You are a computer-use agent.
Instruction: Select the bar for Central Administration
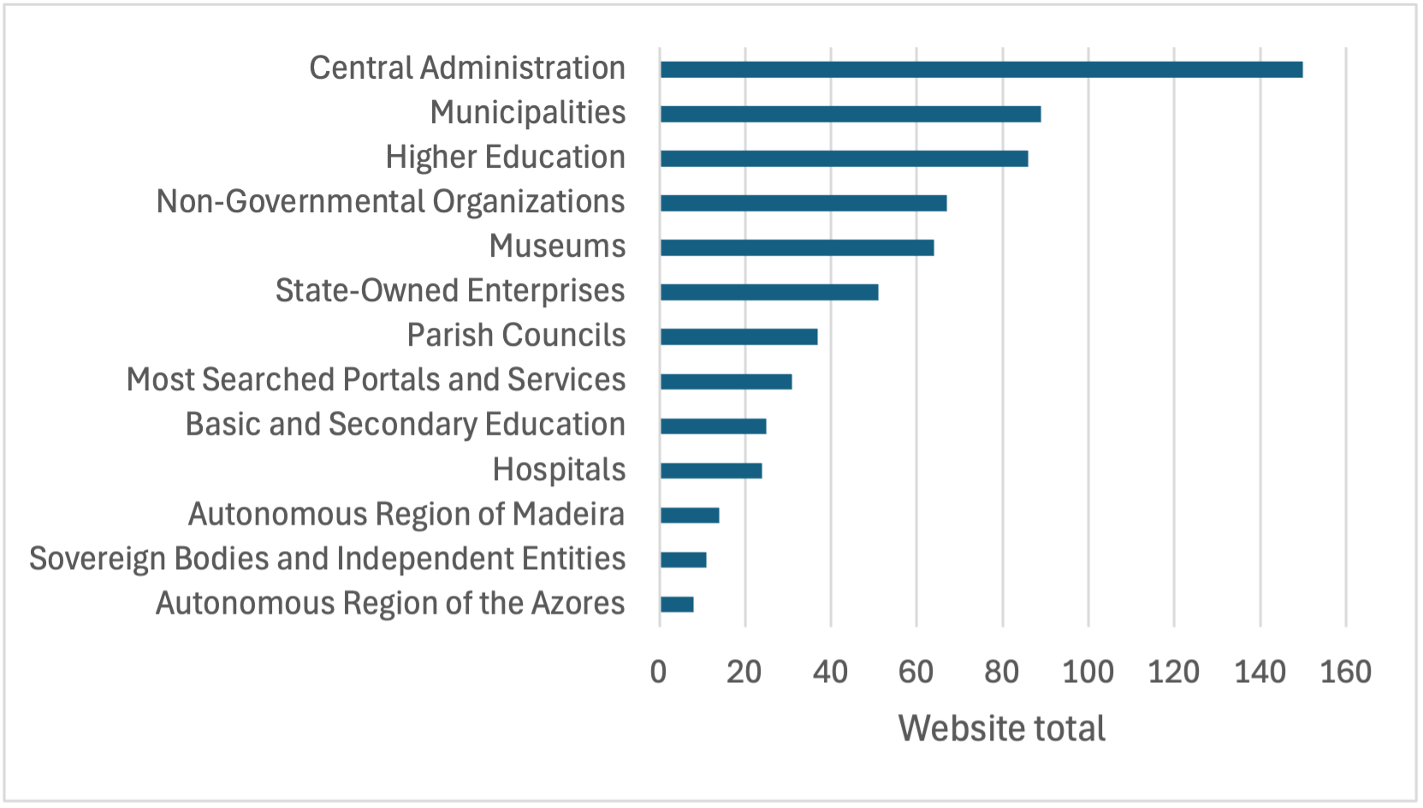coord(981,69)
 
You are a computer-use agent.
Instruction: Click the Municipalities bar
coord(851,114)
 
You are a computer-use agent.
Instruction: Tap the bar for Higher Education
coord(844,158)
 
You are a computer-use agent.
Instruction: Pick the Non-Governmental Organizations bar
coord(803,203)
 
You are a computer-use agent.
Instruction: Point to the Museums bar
coord(797,247)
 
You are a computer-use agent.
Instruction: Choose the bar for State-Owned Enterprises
coord(769,292)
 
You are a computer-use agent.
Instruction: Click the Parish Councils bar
coord(738,336)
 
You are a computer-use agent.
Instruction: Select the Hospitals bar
coord(711,470)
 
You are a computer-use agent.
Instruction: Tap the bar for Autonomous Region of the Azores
coord(677,604)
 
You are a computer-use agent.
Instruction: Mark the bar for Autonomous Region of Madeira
coord(690,515)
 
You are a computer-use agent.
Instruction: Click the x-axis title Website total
coord(1001,728)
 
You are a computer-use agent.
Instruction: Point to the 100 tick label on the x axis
coord(1088,672)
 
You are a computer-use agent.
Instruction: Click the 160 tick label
coord(1345,672)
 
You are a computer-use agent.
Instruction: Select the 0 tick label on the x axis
coord(658,672)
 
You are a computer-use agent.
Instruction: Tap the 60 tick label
coord(916,672)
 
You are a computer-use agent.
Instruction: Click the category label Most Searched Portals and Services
coord(376,380)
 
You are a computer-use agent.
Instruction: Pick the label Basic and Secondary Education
coord(405,425)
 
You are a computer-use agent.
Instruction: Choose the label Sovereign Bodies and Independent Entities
coord(327,559)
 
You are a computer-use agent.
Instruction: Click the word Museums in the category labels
coord(557,247)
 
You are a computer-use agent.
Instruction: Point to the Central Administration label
coord(467,68)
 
